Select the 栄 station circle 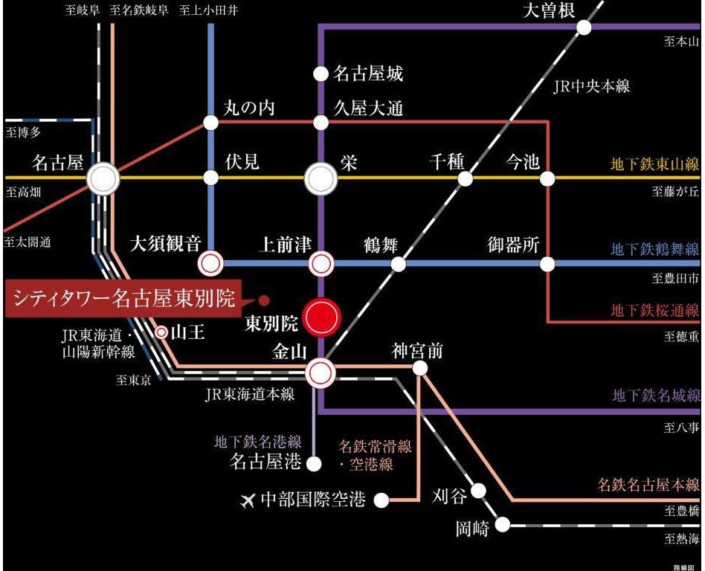coord(321,178)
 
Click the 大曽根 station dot coord(585,28)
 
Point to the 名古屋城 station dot coord(321,74)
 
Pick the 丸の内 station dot coord(211,123)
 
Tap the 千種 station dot coord(466,178)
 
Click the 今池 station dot coord(548,178)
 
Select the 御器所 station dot coord(548,263)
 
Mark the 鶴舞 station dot coord(399,263)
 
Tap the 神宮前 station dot coord(420,368)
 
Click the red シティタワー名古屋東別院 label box coord(124,300)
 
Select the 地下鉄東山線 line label coord(654,164)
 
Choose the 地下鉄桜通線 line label coord(654,310)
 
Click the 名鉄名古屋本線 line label coord(648,485)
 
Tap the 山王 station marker coord(161,332)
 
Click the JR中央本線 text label coord(591,86)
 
